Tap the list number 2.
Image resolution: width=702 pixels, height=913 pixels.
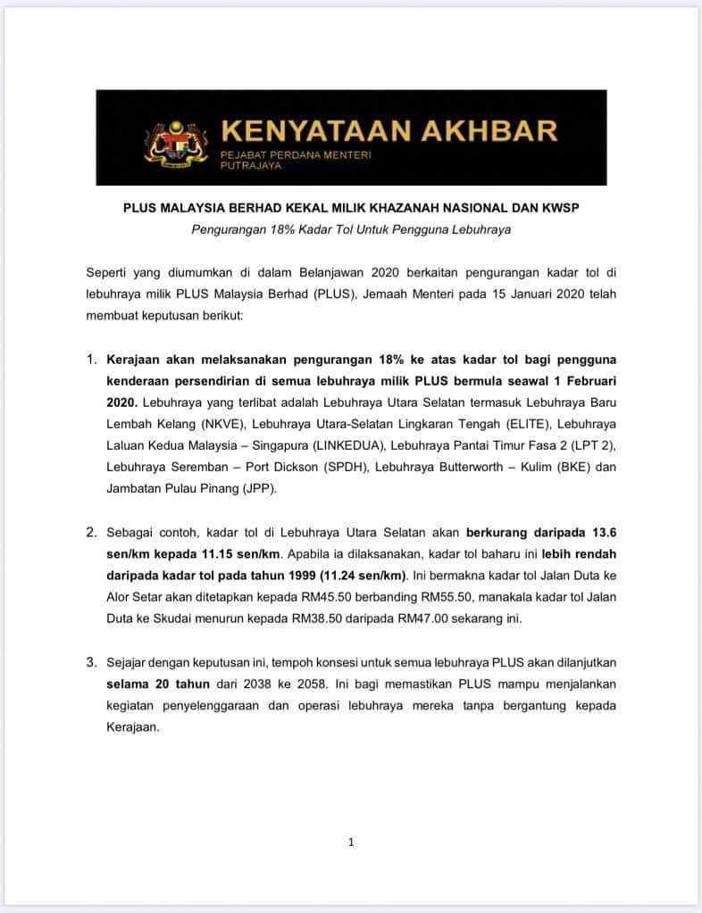pyautogui.click(x=92, y=533)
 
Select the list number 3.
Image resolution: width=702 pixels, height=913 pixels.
pyautogui.click(x=92, y=663)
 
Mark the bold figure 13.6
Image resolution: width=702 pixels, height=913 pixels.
pyautogui.click(x=601, y=533)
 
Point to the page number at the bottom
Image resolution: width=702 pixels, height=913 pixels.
pyautogui.click(x=351, y=842)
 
